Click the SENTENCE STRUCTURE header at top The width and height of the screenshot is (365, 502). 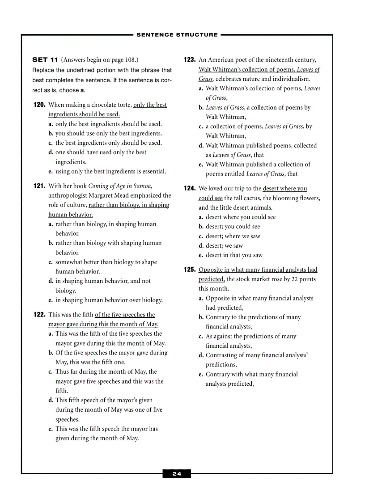click(177, 34)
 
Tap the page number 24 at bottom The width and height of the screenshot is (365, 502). click(177, 474)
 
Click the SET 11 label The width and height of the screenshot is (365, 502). click(45, 59)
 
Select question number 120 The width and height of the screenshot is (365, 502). click(39, 105)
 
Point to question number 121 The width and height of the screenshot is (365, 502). click(39, 186)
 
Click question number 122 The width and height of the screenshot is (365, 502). click(39, 314)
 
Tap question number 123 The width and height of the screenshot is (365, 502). click(190, 59)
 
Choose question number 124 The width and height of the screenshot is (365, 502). click(190, 189)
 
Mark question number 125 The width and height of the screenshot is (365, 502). click(190, 270)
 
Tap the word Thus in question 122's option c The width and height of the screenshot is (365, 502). click(62, 371)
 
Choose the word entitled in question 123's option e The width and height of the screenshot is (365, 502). click(233, 174)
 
